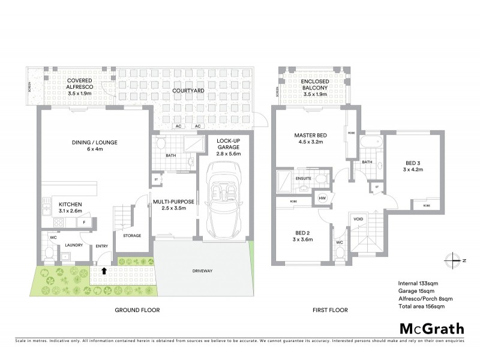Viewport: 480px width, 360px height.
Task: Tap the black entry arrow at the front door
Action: (x=104, y=271)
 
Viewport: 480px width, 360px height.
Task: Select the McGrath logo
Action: (x=431, y=328)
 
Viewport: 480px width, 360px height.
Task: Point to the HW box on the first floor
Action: (x=322, y=199)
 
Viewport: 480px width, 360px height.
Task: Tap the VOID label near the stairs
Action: (x=359, y=219)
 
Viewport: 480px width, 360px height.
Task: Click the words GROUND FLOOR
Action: (x=137, y=310)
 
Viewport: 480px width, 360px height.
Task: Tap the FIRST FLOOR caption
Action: (x=331, y=310)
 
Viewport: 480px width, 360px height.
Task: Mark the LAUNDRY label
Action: (x=74, y=244)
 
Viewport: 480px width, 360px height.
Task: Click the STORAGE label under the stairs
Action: (x=131, y=236)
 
